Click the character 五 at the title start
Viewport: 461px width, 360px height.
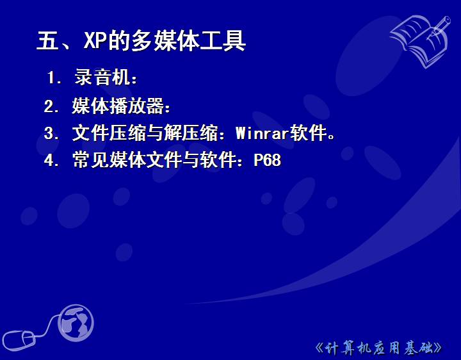point(47,40)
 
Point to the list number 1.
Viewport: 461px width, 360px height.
point(52,78)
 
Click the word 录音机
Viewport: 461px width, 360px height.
point(102,77)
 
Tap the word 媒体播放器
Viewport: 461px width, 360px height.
point(118,106)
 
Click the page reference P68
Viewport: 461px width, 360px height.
point(268,160)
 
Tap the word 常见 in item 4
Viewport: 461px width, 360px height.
point(91,160)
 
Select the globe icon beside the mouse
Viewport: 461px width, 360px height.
point(76,323)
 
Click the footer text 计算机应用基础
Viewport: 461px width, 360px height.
point(378,348)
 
